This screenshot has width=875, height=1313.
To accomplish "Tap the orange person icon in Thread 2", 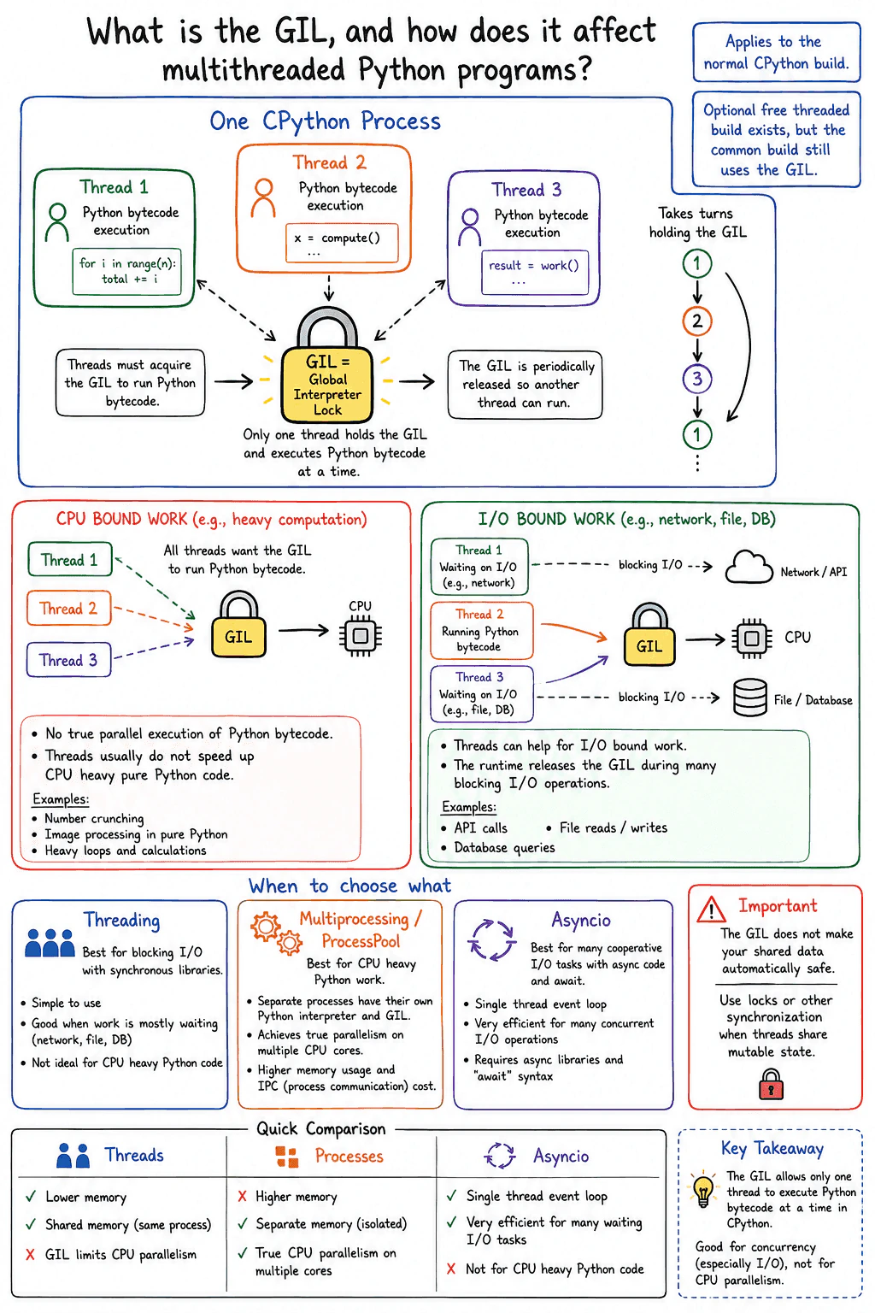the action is (263, 198).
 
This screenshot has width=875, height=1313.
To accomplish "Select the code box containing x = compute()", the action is (342, 243).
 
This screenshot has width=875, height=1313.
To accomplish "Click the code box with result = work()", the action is (535, 272).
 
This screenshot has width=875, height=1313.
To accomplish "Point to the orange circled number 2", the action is (696, 321).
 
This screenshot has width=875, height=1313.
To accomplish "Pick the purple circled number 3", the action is (696, 379).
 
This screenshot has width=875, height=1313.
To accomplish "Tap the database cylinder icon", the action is (750, 698).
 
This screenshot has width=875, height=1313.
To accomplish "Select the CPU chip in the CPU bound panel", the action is (361, 635).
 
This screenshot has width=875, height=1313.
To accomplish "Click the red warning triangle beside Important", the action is (712, 910).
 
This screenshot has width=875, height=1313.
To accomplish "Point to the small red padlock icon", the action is (771, 1083).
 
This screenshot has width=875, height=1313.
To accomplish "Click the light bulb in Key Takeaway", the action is (702, 1189).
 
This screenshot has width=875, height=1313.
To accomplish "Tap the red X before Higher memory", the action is (242, 1196).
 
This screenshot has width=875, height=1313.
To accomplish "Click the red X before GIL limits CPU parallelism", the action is (31, 1254).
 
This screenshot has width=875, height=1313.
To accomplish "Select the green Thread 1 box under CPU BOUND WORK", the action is (70, 559).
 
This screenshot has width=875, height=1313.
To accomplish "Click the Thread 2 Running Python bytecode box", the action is (482, 631).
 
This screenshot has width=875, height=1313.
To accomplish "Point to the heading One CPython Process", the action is (326, 122).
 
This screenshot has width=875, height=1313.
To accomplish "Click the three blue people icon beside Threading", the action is (50, 943).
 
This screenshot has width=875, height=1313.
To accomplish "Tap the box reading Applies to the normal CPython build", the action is (776, 52).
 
